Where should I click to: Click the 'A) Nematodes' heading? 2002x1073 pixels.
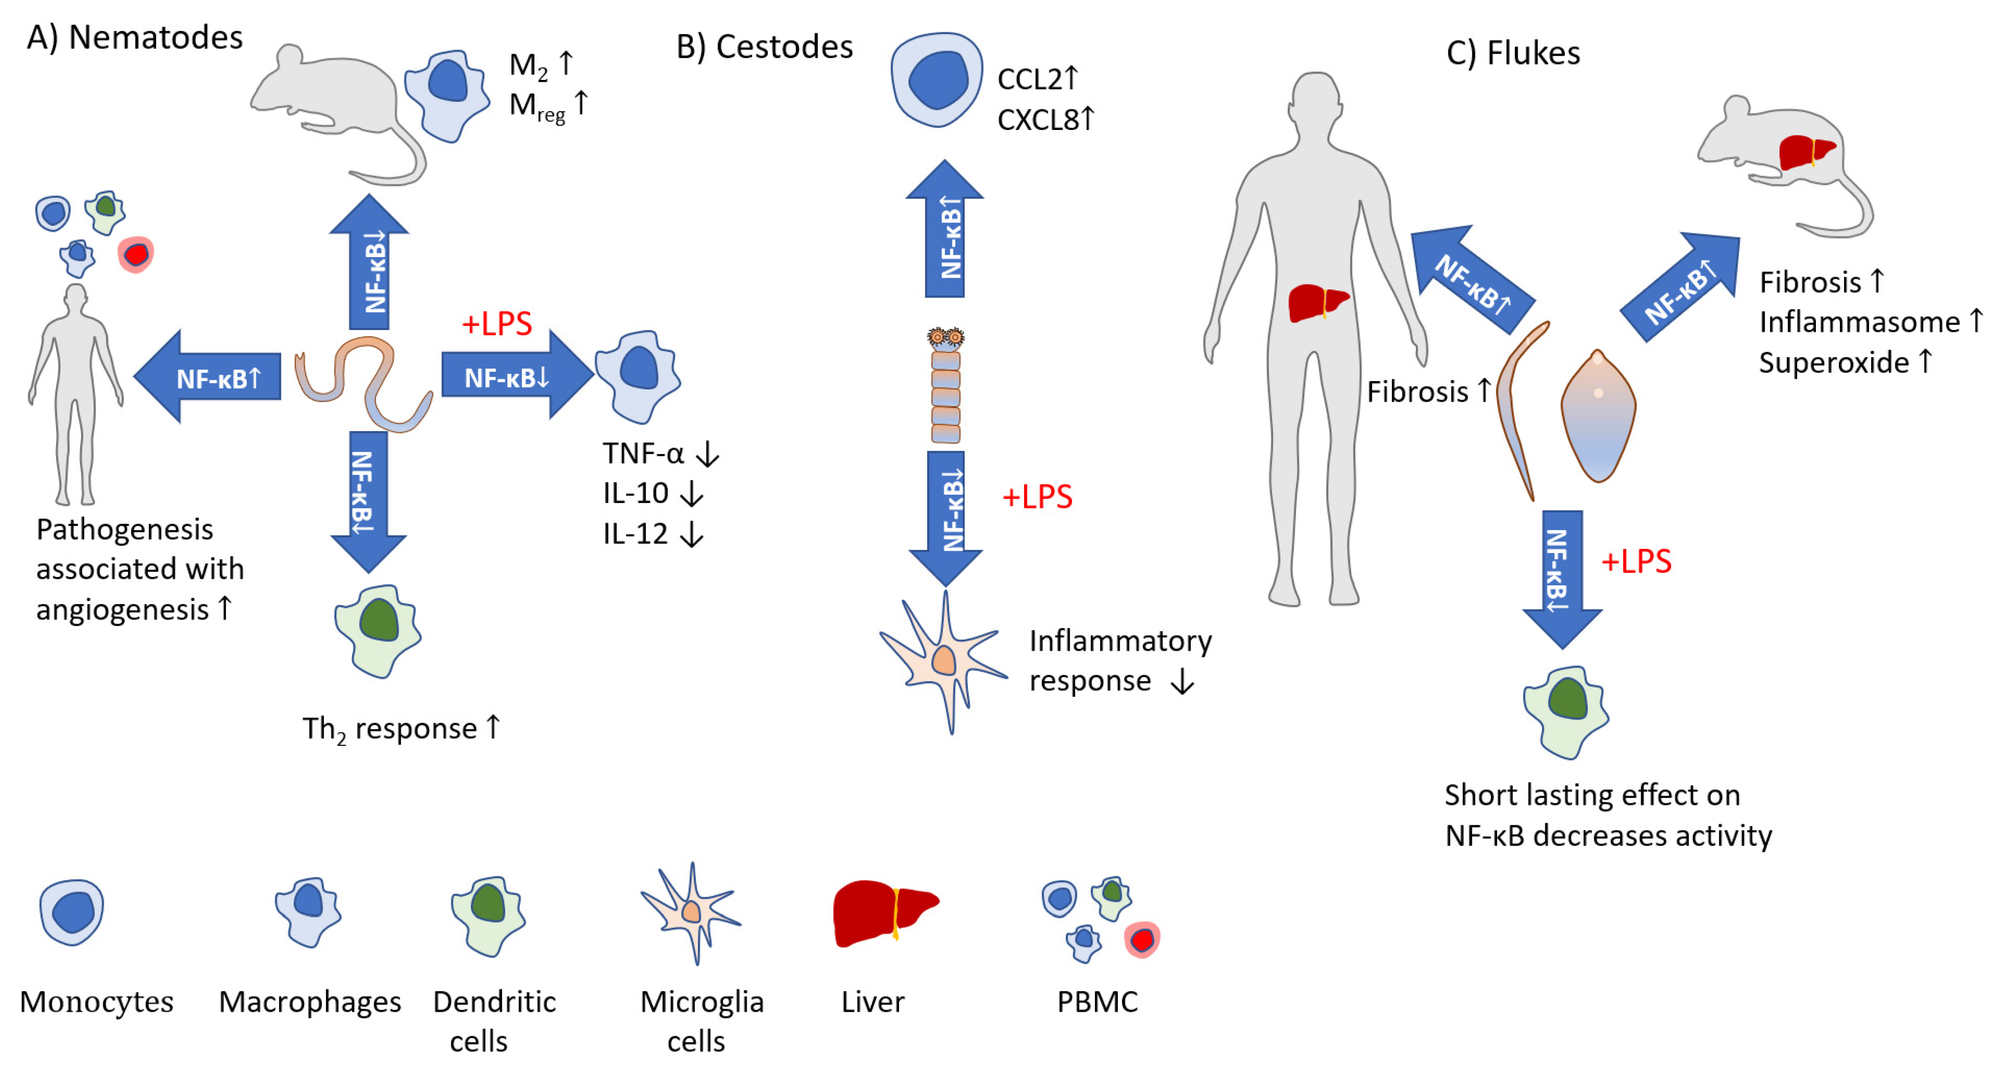click(135, 37)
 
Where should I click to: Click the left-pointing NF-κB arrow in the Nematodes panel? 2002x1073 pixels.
click(208, 378)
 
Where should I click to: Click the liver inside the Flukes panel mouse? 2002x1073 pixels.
click(1805, 151)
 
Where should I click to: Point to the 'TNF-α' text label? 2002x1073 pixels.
click(643, 453)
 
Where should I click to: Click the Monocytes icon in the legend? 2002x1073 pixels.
click(72, 911)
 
